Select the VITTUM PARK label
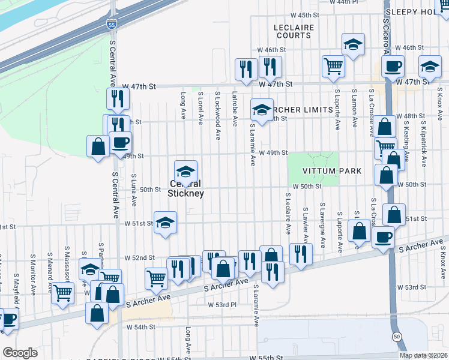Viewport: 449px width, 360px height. [331, 171]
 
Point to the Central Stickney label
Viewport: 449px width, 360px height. [186, 188]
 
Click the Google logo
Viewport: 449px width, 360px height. [20, 353]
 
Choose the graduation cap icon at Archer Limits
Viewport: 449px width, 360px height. [261, 109]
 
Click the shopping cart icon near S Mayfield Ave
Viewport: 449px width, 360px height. [62, 293]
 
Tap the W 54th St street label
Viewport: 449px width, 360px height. [141, 327]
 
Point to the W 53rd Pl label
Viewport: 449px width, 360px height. [222, 305]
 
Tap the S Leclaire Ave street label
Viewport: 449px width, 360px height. [288, 213]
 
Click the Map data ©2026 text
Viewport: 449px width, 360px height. [423, 355]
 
